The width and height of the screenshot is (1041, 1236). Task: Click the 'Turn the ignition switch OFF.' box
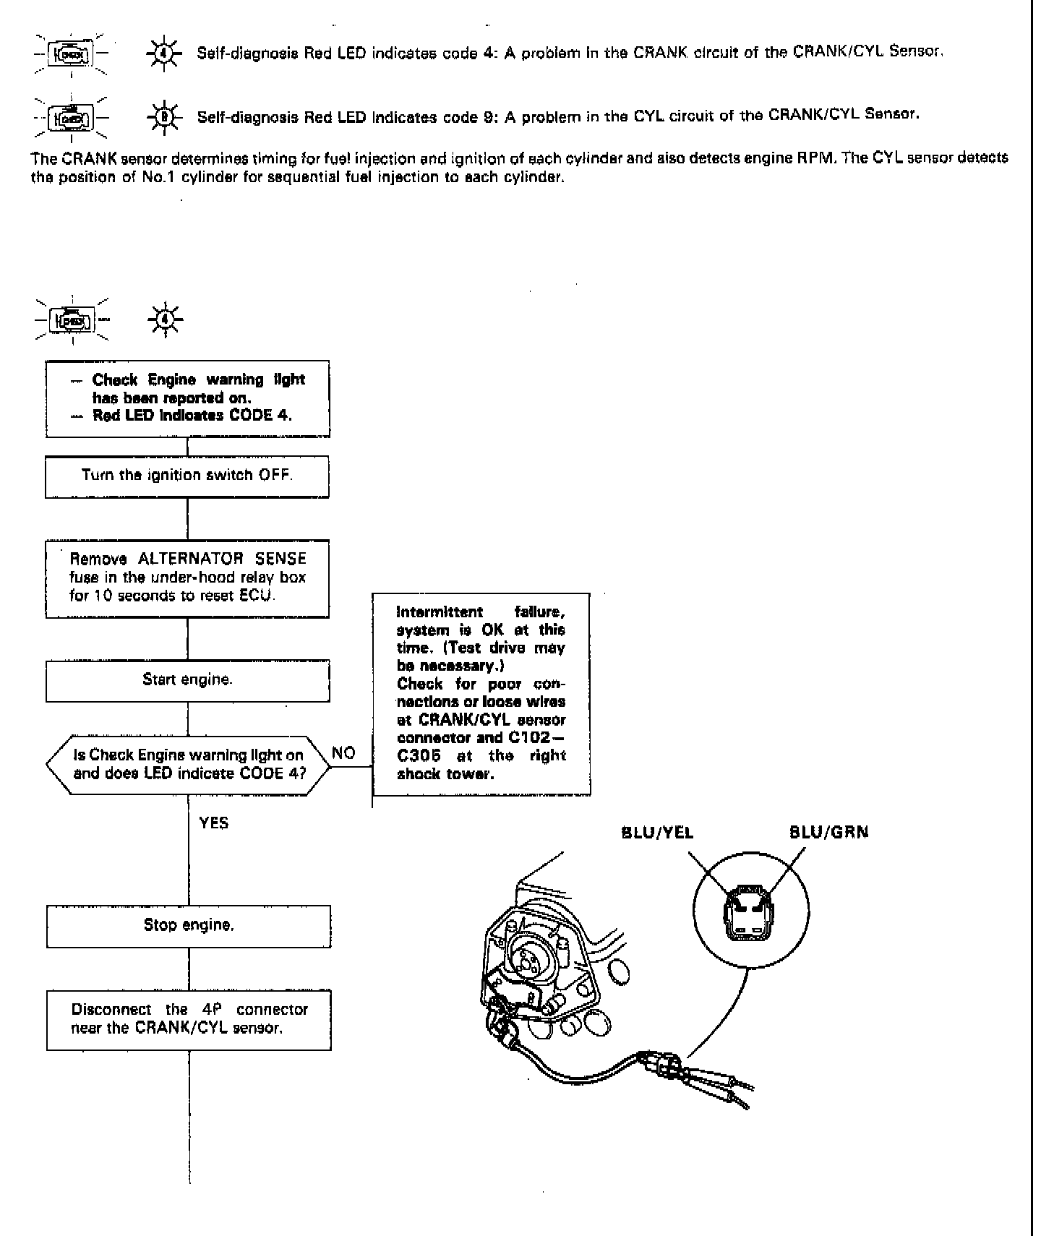point(187,476)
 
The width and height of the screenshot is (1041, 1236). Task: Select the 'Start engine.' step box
point(187,680)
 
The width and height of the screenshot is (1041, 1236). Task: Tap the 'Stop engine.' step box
point(189,926)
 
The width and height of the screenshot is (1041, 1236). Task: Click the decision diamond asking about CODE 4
point(188,765)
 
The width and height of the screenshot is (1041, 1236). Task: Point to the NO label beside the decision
point(343,753)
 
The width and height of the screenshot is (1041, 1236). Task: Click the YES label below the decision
point(214,823)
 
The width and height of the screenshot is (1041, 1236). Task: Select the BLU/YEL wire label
point(657,833)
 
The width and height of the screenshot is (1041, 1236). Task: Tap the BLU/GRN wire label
point(828,833)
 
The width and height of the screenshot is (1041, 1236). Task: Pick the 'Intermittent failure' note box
point(481,694)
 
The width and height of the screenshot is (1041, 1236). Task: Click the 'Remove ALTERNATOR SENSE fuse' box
point(187,578)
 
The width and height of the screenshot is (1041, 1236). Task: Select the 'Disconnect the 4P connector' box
point(189,1019)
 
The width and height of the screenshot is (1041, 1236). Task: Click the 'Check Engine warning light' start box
point(188,398)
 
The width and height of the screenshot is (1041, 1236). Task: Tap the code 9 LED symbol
point(165,116)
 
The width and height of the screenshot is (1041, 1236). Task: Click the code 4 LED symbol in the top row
point(165,53)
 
